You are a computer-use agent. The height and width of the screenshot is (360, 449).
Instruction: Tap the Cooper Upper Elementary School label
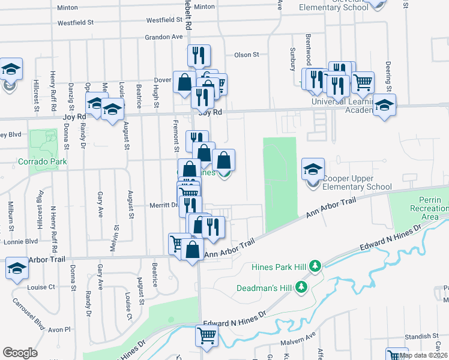tap(357, 182)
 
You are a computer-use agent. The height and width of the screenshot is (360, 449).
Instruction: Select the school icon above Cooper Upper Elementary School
tap(313, 170)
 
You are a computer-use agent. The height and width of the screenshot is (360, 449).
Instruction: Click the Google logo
tap(20, 353)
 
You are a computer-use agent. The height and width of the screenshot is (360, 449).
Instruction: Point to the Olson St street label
tap(246, 55)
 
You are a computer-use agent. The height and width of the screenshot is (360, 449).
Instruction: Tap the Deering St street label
tap(389, 75)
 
